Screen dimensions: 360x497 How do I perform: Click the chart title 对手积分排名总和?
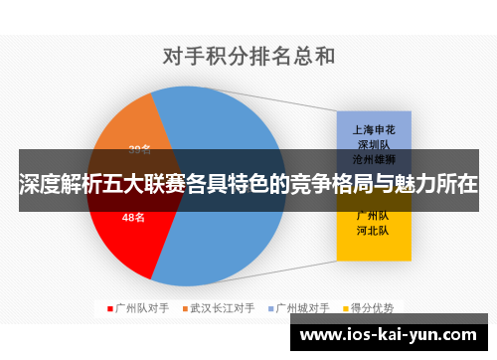point(248,56)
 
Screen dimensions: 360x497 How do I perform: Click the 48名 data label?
point(134,217)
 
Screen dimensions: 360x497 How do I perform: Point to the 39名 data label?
point(139,150)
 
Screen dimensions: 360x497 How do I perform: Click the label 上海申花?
point(374,129)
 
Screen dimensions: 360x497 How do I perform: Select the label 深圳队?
point(374,144)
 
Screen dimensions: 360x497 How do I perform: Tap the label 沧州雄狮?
point(374,159)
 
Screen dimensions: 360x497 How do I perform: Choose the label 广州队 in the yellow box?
point(374,216)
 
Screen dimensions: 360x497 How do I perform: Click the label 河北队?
point(374,231)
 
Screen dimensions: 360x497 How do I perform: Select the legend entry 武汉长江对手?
point(223,307)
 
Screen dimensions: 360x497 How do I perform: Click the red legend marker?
point(109,307)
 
